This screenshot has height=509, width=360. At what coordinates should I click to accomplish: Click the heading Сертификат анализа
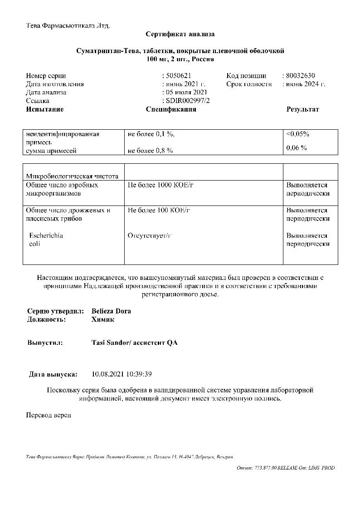(180, 34)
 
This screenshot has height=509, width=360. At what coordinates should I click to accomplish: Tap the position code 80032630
(300, 76)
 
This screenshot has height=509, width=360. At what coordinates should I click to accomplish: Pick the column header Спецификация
(171, 109)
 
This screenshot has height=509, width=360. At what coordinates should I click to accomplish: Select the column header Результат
(302, 109)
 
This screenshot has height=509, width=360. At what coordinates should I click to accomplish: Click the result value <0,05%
(297, 134)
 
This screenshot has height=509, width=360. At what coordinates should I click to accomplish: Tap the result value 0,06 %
(297, 148)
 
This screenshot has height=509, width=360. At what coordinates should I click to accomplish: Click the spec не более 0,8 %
(150, 151)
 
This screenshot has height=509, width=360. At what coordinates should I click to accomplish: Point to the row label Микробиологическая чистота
(73, 176)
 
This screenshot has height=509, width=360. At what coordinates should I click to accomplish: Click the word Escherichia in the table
(46, 236)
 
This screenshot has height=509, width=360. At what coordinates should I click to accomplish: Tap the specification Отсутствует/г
(151, 236)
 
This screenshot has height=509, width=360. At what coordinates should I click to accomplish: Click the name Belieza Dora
(111, 311)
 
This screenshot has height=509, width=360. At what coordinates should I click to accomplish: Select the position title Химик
(102, 319)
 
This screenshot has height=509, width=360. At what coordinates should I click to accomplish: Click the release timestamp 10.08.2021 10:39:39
(122, 374)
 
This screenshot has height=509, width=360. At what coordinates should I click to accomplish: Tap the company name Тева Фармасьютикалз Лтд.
(68, 25)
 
